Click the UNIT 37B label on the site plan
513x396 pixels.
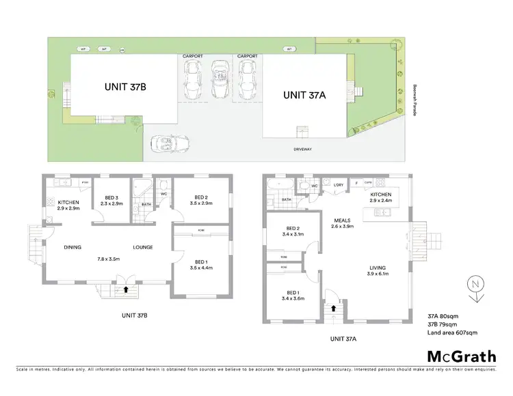[x=127, y=87]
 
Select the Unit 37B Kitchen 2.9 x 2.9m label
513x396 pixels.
[x=69, y=205]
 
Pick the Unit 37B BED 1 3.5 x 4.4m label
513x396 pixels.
[x=203, y=265]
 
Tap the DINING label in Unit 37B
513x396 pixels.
[x=73, y=247]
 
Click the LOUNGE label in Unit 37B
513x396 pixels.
[x=142, y=247]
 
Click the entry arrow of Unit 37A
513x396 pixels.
[x=334, y=308]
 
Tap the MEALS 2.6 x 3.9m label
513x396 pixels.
[x=343, y=223]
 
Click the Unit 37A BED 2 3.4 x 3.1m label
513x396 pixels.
[x=293, y=231]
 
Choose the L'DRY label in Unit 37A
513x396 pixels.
[x=337, y=184]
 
